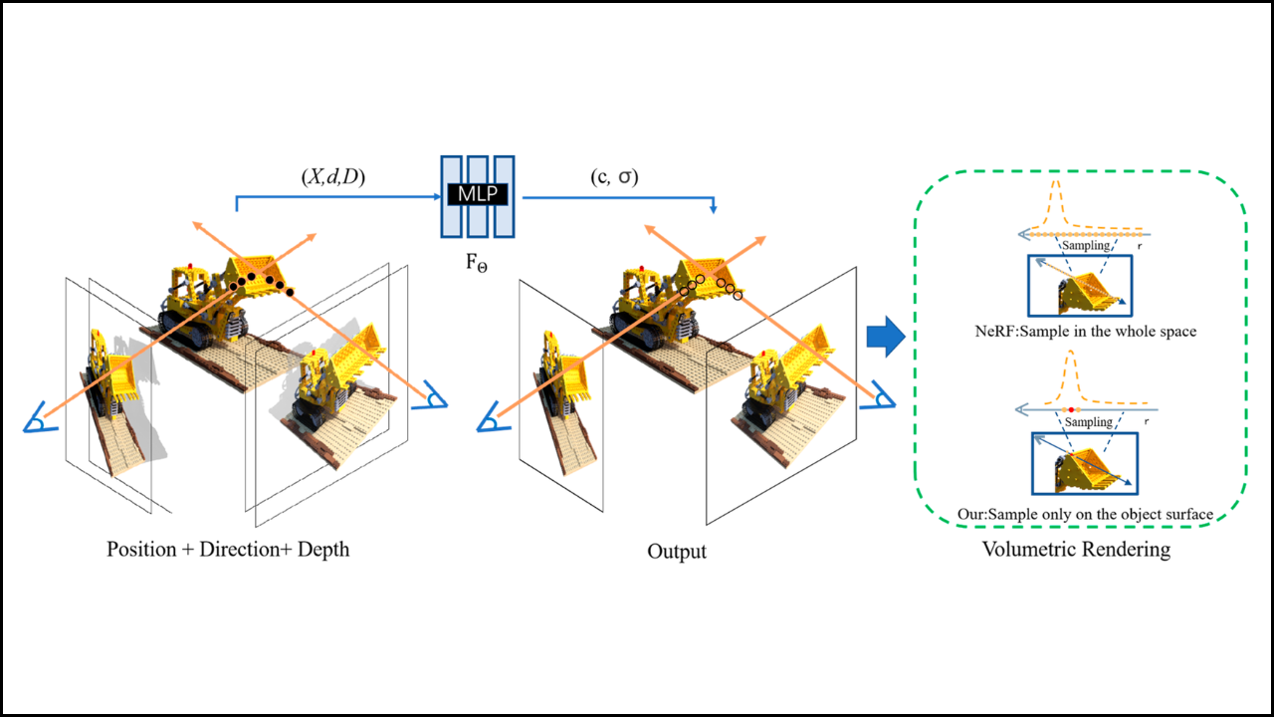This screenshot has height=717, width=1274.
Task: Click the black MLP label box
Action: pos(478,193)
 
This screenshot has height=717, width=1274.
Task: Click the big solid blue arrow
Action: pos(884,338)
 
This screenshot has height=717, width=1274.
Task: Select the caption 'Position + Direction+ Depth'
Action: pos(228,549)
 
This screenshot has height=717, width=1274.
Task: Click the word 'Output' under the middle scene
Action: pos(677,551)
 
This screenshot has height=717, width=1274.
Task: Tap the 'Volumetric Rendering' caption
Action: pos(1076,549)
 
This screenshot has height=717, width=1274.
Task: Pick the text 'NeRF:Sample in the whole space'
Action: pos(1084,331)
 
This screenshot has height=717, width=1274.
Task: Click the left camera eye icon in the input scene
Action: pos(36,422)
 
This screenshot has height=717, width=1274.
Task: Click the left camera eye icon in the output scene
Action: pos(491,422)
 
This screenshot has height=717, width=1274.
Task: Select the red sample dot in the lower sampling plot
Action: pos(1069,409)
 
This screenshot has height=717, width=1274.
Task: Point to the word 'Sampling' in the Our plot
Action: pos(1088,422)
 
